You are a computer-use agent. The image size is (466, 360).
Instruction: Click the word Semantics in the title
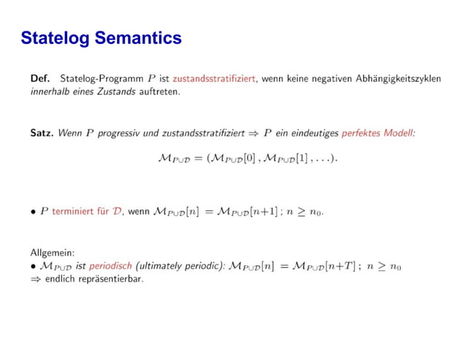point(138,37)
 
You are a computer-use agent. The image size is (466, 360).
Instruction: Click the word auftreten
point(160,92)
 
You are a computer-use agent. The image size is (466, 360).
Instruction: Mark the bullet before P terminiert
point(33,212)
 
